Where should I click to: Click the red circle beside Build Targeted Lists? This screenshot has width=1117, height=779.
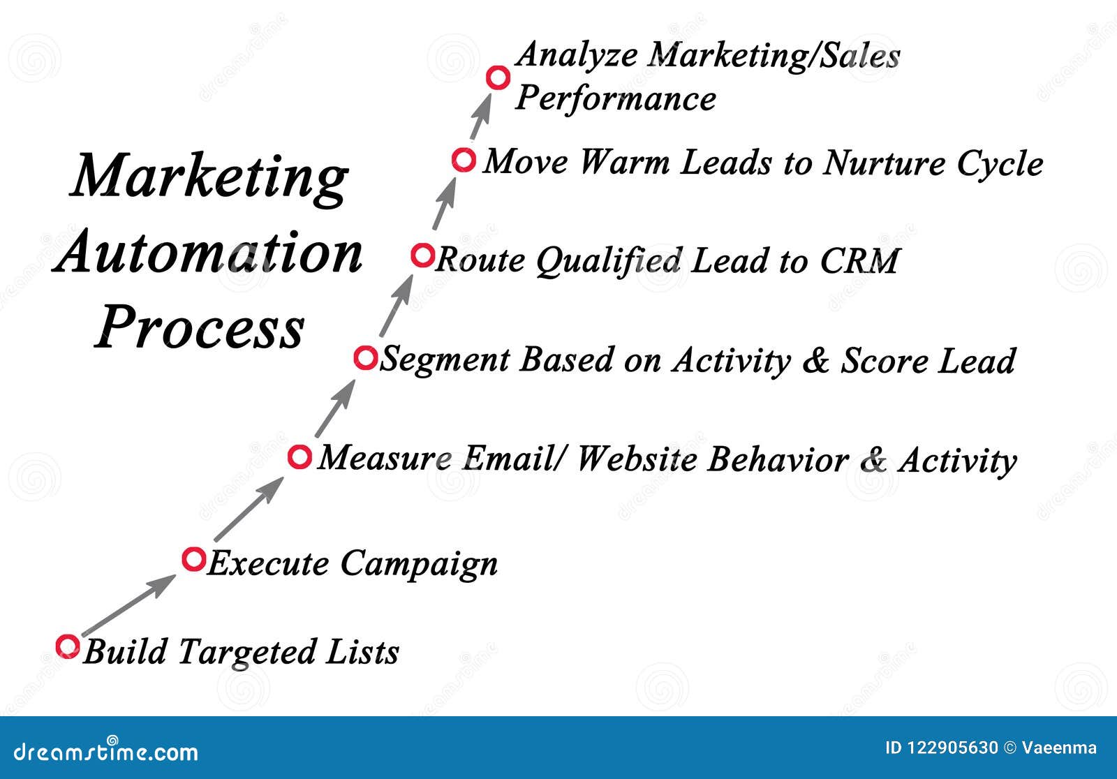68,646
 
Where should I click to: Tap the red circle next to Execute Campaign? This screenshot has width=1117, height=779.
193,558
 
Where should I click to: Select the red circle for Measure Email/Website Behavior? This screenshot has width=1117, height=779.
299,457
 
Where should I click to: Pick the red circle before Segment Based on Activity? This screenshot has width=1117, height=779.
365,358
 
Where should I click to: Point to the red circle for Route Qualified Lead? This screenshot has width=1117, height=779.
422,255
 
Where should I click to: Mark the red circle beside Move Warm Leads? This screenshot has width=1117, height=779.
463,160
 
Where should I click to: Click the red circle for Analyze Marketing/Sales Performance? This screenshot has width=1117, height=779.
498,77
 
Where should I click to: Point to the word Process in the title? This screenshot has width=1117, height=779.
200,328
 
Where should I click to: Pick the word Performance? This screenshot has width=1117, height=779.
616,99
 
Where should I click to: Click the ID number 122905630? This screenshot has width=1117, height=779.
952,748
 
